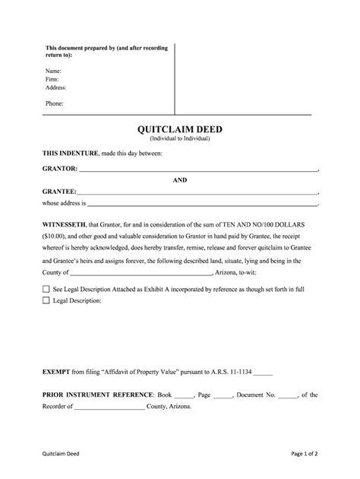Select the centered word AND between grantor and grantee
[x=179, y=180]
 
